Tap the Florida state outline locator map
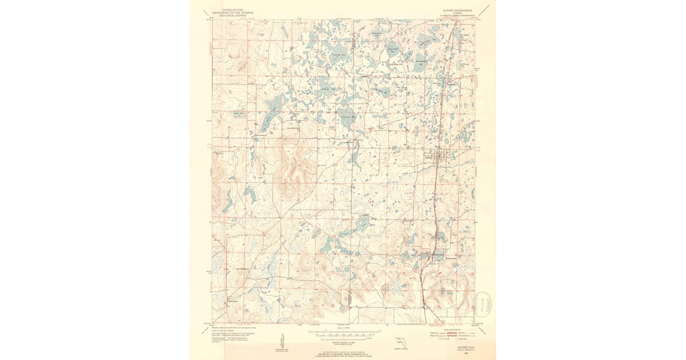pos(404,342)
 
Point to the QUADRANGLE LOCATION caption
pos(404,349)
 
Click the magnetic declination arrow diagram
pos(282,341)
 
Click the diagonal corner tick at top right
pos(485,9)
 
